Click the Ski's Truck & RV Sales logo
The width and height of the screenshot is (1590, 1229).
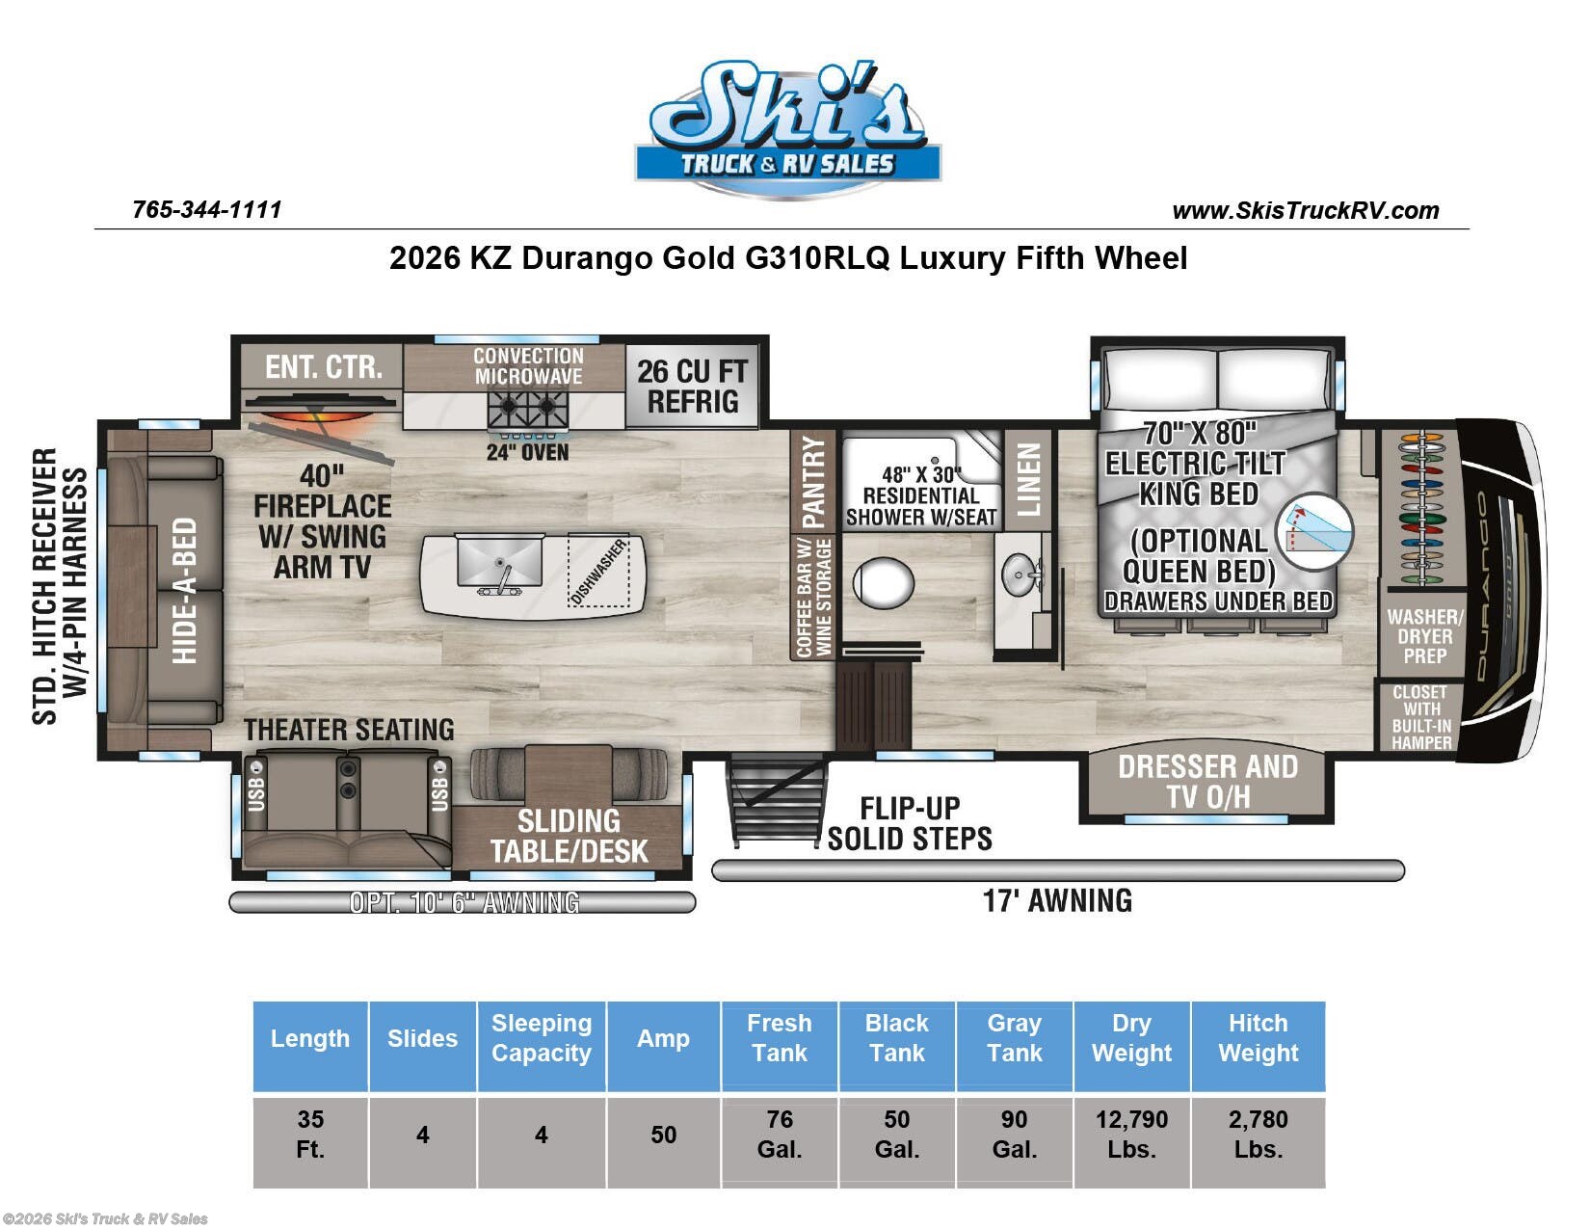(787, 129)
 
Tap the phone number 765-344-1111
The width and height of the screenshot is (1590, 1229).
(207, 210)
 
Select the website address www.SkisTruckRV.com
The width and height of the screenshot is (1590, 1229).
(1306, 211)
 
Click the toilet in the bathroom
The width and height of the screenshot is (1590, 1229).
(884, 582)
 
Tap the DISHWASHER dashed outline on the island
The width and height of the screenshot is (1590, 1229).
(599, 571)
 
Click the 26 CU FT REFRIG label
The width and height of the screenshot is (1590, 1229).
(692, 387)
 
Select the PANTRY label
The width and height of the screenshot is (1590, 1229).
(813, 482)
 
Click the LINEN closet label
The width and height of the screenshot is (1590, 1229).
(1028, 479)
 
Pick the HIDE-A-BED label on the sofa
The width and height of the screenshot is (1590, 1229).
(184, 591)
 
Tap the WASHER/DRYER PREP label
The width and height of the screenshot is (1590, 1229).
(1424, 636)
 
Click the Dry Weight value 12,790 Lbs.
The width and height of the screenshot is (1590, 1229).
(1131, 1134)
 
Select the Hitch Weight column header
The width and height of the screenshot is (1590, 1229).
(1258, 1038)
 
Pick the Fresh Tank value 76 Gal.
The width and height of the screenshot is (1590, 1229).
(780, 1134)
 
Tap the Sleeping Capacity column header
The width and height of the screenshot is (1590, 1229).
(542, 1038)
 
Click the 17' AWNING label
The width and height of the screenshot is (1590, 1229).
(1057, 901)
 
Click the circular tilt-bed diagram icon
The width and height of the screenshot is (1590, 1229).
(1314, 531)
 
